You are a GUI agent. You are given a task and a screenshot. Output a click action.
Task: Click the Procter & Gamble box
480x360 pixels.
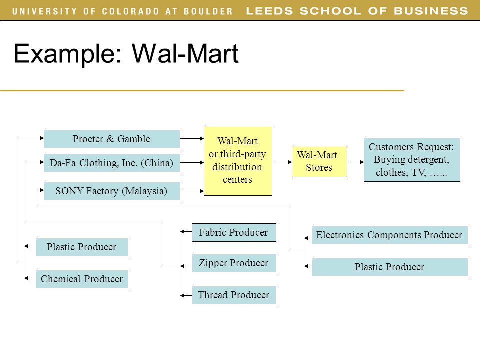pos(112,139)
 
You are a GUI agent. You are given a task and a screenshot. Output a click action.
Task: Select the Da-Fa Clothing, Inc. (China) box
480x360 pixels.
pos(112,163)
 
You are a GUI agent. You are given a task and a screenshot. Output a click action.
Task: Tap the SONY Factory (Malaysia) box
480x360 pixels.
pos(112,191)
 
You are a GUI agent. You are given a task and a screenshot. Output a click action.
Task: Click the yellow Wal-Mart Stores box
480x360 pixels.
pos(319,161)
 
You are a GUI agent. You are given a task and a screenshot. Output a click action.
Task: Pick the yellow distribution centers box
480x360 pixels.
pos(238,161)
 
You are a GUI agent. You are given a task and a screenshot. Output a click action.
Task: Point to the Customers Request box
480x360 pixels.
pos(412,160)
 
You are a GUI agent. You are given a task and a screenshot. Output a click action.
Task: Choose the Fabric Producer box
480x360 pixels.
pos(234,232)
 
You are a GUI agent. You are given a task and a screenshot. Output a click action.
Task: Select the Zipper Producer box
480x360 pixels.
pos(234,263)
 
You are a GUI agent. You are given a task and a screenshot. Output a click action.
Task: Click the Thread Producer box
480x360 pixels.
pos(234,295)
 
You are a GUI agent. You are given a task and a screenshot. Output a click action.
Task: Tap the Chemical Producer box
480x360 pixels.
pos(82,279)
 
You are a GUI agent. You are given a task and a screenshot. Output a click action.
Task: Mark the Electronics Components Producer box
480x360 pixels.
pos(390,235)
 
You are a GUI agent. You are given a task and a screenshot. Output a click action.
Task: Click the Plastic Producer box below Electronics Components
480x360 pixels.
pos(390,267)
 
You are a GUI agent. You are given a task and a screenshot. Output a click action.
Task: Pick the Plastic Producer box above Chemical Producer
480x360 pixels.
pos(82,247)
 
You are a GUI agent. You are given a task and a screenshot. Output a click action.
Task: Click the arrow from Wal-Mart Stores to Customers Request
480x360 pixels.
pos(355,162)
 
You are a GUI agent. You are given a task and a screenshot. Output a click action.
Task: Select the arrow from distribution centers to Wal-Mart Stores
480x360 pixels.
pos(282,162)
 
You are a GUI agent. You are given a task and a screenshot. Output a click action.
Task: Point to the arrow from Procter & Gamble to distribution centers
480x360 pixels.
pos(192,138)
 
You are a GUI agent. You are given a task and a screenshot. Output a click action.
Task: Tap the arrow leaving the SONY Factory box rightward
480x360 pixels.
pos(192,191)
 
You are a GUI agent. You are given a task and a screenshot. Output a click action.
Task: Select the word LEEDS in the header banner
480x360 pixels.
pos(269,11)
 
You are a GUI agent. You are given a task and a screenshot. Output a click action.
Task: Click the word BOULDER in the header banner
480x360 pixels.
pos(208,11)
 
